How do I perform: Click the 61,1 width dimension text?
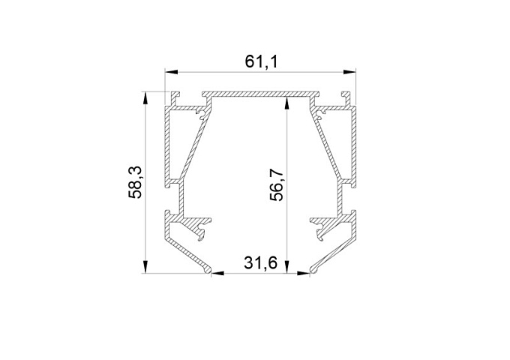pyautogui.click(x=262, y=61)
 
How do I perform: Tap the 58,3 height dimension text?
pyautogui.click(x=135, y=181)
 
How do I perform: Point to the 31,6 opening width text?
pyautogui.click(x=260, y=262)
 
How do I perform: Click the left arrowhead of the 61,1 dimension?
pyautogui.click(x=172, y=72)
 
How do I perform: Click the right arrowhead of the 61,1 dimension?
pyautogui.click(x=349, y=72)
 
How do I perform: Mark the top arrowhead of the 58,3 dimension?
pyautogui.click(x=145, y=98)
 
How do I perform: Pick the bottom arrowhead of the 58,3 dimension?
pyautogui.click(x=145, y=267)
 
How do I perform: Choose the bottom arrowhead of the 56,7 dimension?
pyautogui.click(x=286, y=267)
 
